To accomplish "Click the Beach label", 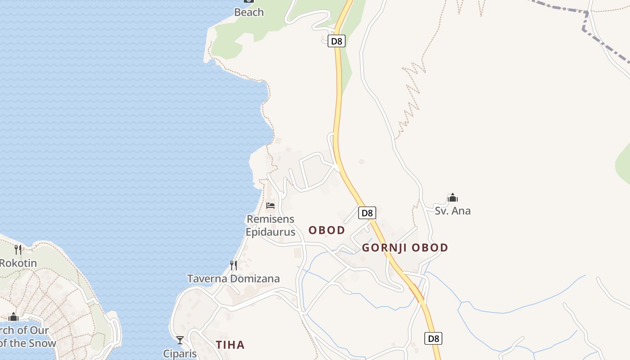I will point(249,12).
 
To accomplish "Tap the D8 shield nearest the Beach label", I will point(337,41).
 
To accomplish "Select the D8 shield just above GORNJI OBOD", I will point(367,213).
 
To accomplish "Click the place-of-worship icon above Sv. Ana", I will point(452,198).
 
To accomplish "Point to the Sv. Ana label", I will point(452,211).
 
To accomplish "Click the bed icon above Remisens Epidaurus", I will point(270,206).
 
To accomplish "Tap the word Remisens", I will point(270,219).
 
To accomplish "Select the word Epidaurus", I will point(270,232).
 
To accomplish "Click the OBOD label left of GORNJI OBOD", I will point(327,230).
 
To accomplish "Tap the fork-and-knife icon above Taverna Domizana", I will point(233,265).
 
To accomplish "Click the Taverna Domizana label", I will point(233,279).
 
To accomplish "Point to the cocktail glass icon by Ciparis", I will point(180,340).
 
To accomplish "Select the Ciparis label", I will point(180,353).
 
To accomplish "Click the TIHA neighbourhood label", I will point(230,345).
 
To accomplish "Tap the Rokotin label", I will point(18,263).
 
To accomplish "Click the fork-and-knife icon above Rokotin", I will point(18,249).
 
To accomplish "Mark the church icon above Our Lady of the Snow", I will point(13,317).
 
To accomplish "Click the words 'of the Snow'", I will point(28,343).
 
